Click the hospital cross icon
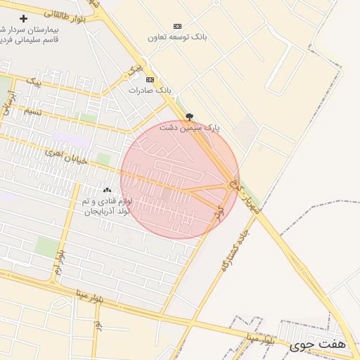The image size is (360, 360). [25, 18]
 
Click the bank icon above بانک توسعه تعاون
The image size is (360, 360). [176, 26]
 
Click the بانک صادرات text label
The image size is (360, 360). [150, 91]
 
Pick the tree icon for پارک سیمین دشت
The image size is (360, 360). [188, 117]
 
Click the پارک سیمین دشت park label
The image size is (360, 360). [189, 128]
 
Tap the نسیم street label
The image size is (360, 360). [33, 112]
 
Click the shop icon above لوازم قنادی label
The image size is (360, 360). [107, 190]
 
